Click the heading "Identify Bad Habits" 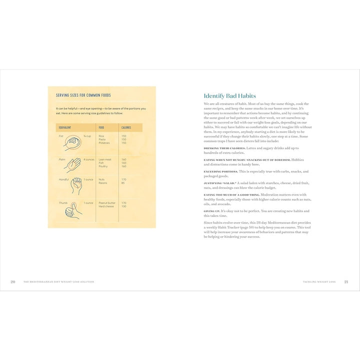coord(229,96)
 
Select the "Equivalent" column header coord(64,127)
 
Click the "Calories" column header coord(126,127)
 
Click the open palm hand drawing coord(73,165)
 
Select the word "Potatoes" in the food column coord(104,143)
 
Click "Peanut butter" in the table coord(107,202)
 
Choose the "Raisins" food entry coord(103,183)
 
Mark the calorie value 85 coord(123,183)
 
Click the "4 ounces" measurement coord(89,159)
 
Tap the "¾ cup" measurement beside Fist coord(87,136)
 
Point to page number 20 coord(13,281)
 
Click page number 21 coord(346,281)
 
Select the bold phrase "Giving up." coord(212,211)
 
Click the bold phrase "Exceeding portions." coord(220,171)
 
